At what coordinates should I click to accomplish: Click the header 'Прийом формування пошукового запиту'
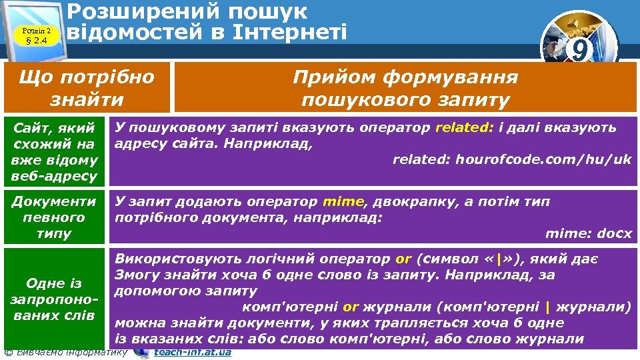405,88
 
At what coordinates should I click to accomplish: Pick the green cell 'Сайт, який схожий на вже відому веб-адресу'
55,151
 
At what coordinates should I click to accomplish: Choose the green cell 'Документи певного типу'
55,217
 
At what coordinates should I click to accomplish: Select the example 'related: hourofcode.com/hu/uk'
511,159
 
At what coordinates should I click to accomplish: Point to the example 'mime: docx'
588,233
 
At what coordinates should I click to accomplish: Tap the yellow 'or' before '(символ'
403,259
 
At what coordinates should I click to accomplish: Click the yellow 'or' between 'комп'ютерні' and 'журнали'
351,307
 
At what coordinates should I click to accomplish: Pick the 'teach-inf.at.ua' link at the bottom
193,352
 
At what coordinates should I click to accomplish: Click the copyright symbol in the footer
7,352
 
